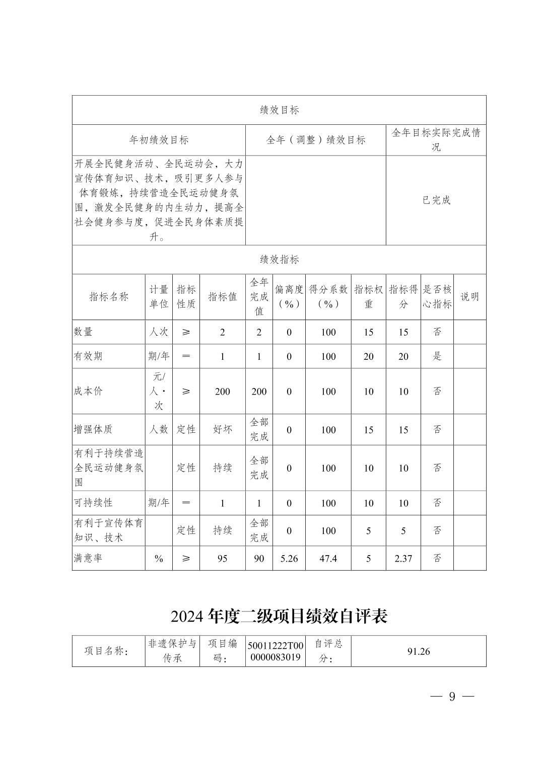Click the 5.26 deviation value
point(289,558)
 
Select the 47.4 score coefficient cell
point(328,558)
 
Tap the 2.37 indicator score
point(403,558)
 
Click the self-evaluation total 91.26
point(418,651)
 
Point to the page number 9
point(452,697)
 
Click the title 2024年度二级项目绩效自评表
point(279,616)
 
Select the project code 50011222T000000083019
point(276,651)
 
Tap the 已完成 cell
point(436,200)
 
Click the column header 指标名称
point(109,296)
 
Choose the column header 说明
point(469,296)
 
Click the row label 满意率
point(88,558)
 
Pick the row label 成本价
point(88,391)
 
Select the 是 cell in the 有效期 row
point(437,356)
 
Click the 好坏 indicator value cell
point(222,429)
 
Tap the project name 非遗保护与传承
point(172,651)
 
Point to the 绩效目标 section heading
point(279,110)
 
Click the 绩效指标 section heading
point(279,260)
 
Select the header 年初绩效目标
point(159,140)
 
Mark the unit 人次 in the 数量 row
point(159,332)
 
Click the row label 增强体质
point(93,429)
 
